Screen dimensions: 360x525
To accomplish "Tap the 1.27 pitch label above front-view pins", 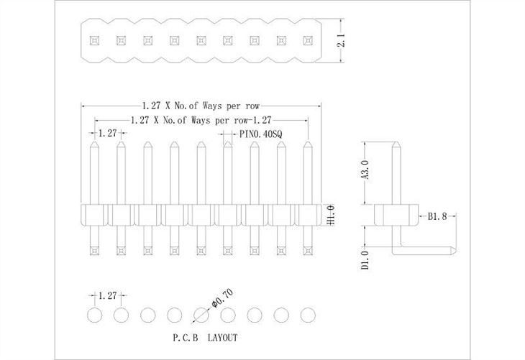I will (x=108, y=133).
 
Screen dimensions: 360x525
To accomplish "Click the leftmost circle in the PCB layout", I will (x=94, y=315).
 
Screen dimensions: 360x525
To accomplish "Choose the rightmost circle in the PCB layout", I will (x=309, y=315).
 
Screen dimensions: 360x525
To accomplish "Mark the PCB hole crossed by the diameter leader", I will (x=201, y=315).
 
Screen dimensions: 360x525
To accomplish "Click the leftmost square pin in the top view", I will (x=93, y=40).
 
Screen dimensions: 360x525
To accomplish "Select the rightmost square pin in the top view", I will (x=308, y=40).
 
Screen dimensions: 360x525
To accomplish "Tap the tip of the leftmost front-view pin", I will (x=94, y=143).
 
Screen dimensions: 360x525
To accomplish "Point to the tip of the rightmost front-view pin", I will (x=309, y=143).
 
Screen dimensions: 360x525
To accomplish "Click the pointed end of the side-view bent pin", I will (x=455, y=251).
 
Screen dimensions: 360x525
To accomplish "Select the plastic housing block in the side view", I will (x=396, y=214).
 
